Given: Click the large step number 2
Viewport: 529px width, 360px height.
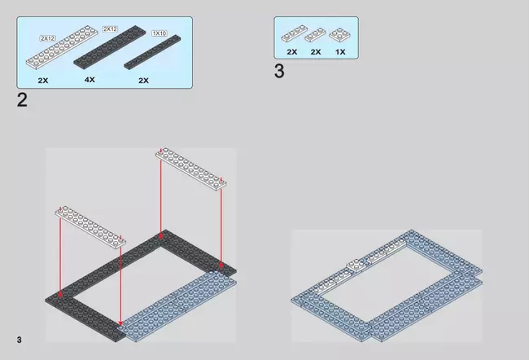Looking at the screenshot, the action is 22,100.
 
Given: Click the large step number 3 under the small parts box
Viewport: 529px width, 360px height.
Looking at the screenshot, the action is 279,71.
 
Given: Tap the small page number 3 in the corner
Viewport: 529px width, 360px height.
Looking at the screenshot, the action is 20,340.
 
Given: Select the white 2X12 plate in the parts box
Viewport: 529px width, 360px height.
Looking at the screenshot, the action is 62,47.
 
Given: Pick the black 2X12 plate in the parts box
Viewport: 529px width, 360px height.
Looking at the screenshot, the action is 110,47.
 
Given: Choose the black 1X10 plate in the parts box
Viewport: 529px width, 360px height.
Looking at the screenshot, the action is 152,52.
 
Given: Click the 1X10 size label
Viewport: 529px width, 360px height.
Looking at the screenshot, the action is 160,33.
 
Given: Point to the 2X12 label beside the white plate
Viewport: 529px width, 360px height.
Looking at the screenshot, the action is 47,38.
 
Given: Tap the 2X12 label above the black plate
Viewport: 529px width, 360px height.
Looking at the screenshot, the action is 110,29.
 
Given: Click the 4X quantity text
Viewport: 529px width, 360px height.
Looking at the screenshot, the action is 90,80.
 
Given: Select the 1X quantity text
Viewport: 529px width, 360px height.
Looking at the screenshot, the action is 340,52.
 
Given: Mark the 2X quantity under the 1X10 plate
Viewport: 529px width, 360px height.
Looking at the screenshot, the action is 143,81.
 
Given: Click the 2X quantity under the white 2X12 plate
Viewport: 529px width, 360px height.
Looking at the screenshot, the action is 43,81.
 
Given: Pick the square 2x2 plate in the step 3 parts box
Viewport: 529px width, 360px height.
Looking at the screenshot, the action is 339,35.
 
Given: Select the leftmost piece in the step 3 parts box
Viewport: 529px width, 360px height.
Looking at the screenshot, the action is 295,33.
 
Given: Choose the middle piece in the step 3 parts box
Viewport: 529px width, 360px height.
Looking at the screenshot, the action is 315,35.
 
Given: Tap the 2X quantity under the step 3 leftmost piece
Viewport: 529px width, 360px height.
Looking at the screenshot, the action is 292,52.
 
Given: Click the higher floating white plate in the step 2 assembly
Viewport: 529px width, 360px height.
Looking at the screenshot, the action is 191,169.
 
